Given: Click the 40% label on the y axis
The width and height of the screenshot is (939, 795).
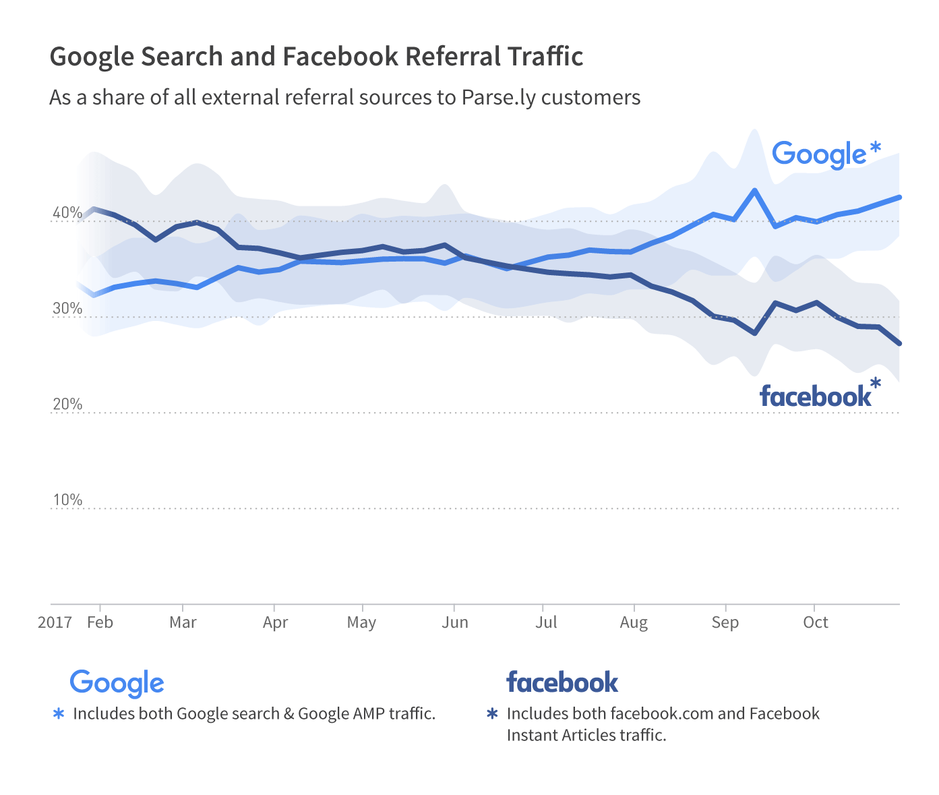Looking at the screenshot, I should click(67, 213).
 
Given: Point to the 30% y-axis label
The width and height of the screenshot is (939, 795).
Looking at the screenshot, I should click(67, 309).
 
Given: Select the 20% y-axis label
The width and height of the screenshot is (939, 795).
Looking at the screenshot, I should click(67, 405).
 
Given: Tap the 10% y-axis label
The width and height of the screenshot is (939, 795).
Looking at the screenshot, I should click(67, 500).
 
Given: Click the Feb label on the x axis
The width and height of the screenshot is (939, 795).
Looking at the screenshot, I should click(100, 622).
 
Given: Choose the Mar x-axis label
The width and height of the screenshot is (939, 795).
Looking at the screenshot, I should click(183, 622).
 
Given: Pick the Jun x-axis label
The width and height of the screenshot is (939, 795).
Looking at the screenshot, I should click(455, 622).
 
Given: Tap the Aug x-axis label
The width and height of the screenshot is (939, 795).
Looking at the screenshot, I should click(634, 622).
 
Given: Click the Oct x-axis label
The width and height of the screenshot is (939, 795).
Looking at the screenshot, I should click(816, 622).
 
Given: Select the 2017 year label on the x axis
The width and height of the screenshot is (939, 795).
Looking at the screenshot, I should click(55, 622).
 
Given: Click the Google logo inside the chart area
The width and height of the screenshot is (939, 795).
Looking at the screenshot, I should click(819, 154).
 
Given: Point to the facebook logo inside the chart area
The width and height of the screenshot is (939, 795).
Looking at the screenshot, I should click(815, 396).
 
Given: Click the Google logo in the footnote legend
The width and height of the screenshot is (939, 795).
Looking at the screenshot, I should click(117, 683).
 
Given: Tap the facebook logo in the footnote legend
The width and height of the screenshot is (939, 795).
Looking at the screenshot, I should click(562, 682).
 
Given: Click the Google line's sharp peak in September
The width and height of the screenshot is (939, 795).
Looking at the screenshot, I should click(754, 191).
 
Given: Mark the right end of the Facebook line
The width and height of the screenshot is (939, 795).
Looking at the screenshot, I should click(899, 343).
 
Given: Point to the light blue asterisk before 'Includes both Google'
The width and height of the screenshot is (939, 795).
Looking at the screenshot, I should click(59, 713).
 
